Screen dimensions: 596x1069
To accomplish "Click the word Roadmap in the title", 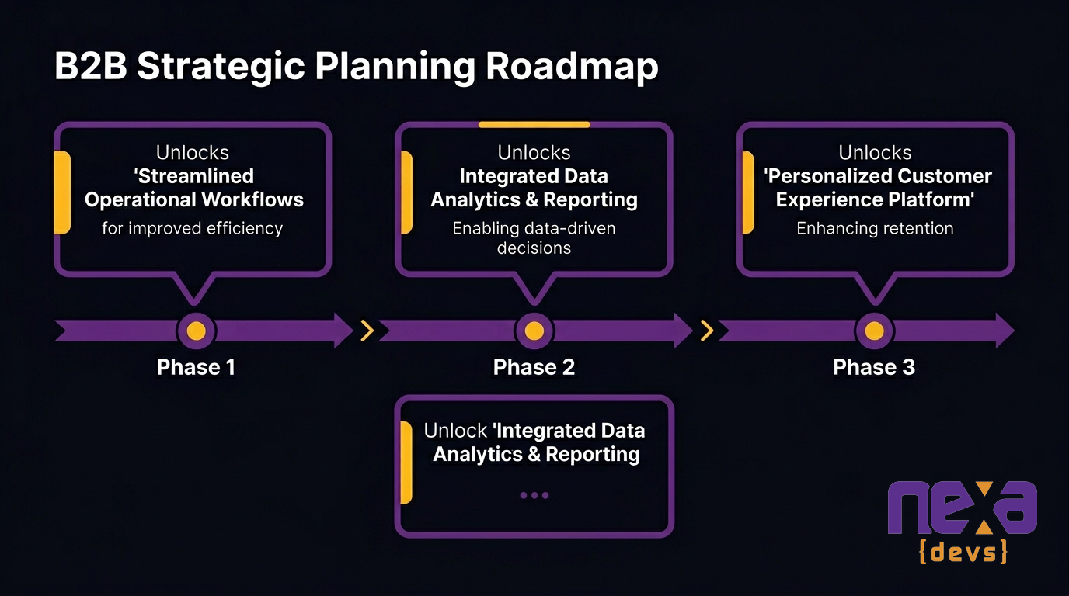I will coord(572,67).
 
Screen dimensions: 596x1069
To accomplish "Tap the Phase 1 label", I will coord(196,367).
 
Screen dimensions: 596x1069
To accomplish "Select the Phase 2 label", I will coord(534,367).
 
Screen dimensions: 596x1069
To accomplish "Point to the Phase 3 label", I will coord(874,367).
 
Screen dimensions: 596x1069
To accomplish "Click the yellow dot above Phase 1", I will coord(197,331).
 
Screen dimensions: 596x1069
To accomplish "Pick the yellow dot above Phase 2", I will coord(534,331).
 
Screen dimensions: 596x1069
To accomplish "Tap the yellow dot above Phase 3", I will coord(874,331).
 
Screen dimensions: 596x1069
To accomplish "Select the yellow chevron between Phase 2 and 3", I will coord(707,331).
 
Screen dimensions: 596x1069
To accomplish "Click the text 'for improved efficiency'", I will coord(193,228).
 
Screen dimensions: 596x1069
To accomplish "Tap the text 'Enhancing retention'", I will coord(875,228).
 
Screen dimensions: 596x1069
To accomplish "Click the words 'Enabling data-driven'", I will coord(534,228).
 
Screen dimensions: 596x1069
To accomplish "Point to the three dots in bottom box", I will coord(534,495).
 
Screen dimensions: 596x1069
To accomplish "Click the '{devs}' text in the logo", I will coord(963,552).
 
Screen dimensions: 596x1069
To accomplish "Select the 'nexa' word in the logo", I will coord(963,508).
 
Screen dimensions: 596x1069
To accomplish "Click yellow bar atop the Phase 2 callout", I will coord(534,124).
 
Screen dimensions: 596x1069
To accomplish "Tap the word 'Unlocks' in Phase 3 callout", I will coord(875,152).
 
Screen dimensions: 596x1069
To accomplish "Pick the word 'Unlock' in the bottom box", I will coord(456,431).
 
